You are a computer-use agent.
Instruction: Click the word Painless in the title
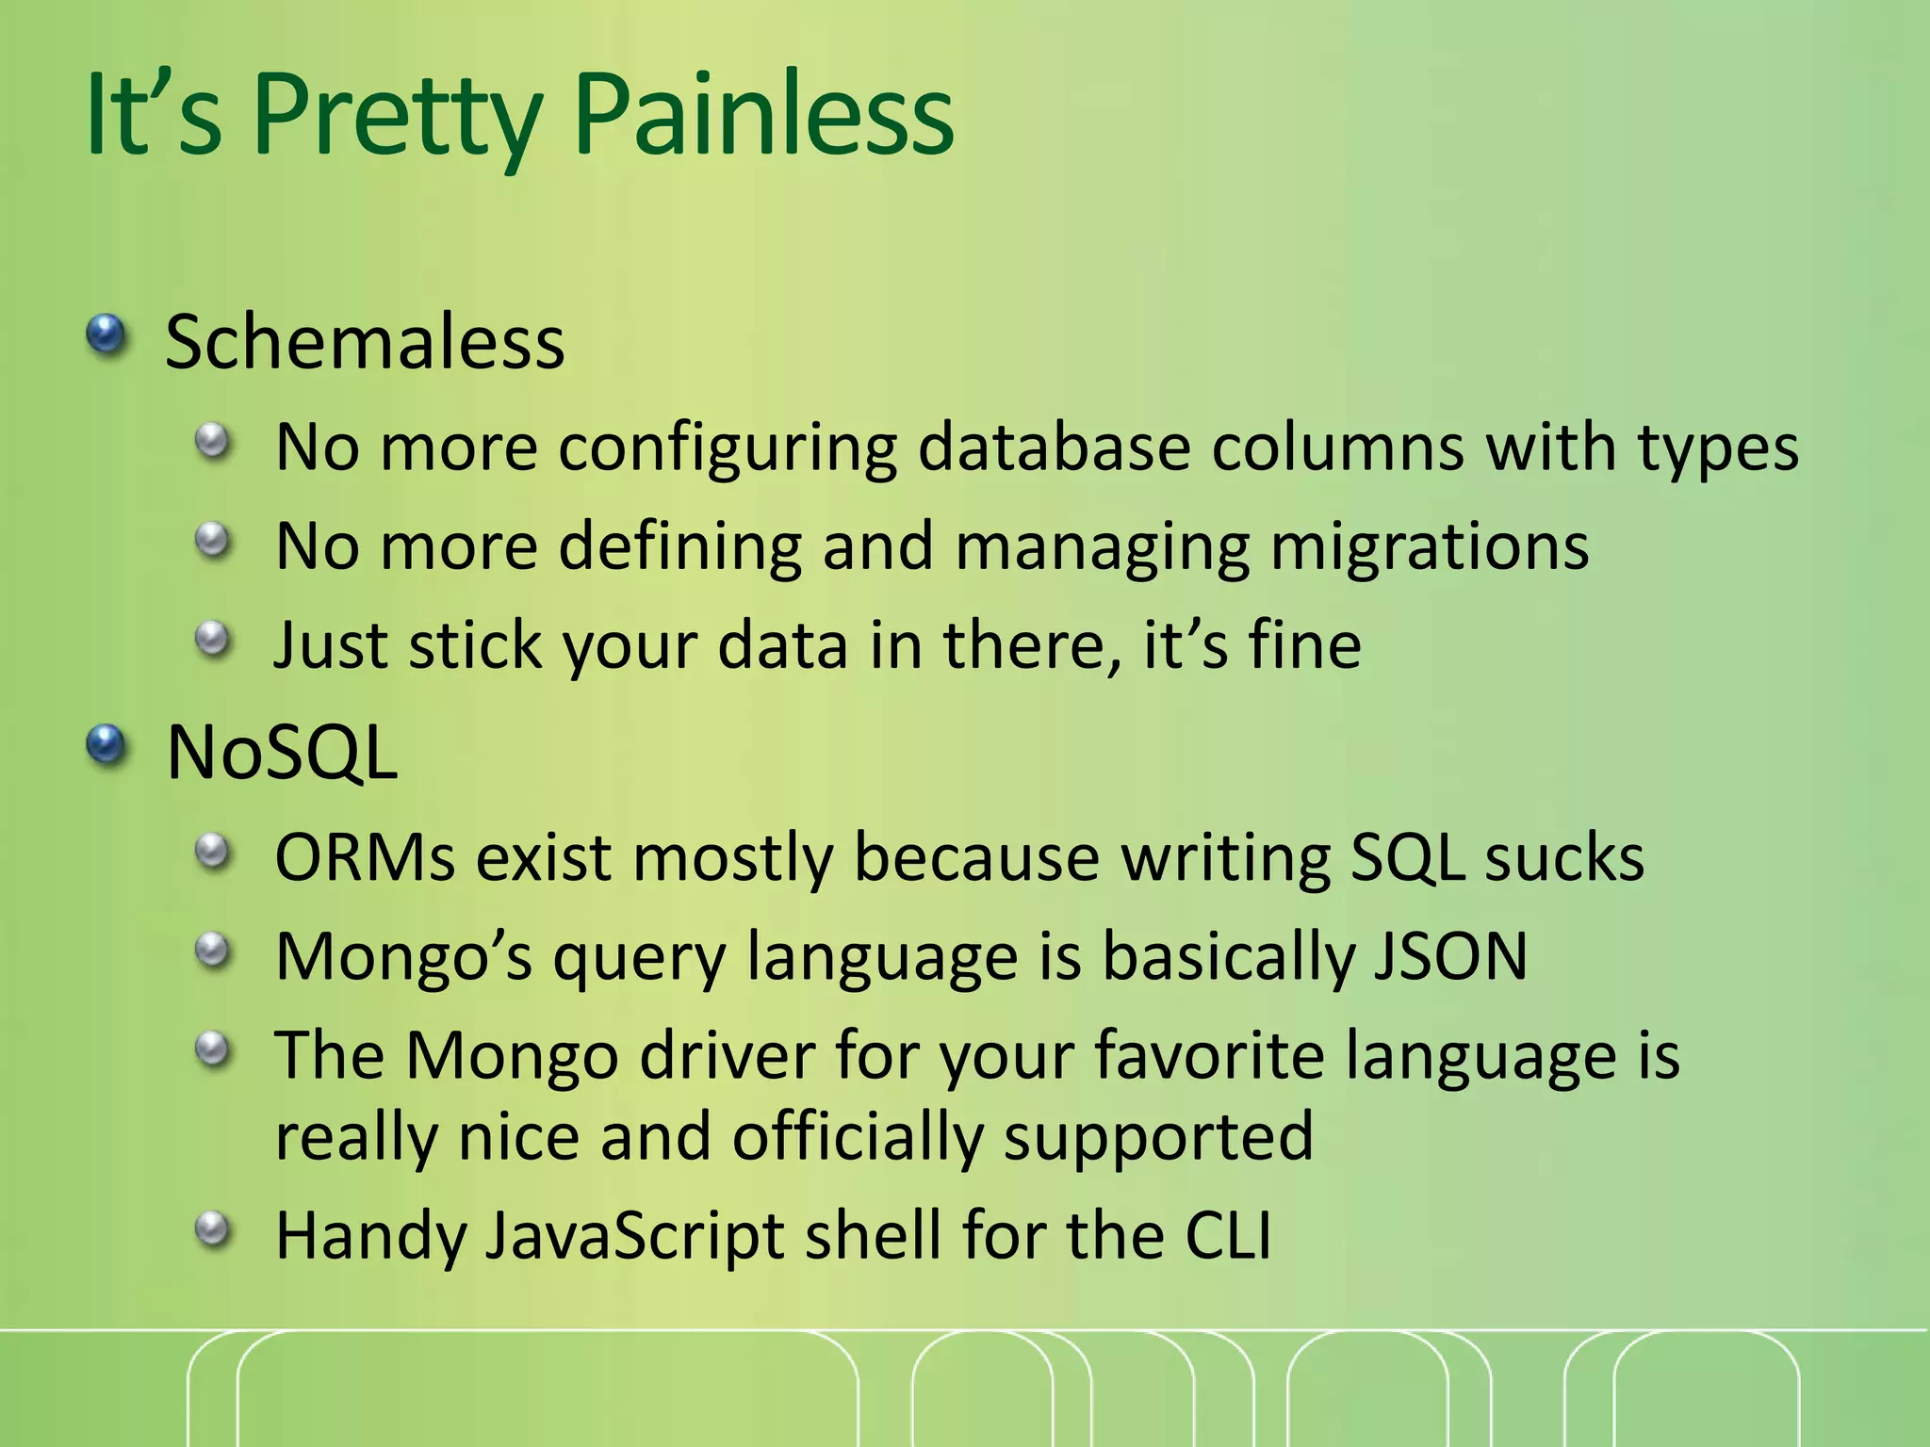pos(763,115)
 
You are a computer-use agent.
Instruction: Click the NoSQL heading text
pos(282,753)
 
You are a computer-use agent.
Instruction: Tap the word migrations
pos(1430,546)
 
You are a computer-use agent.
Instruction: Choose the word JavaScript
pos(633,1235)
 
